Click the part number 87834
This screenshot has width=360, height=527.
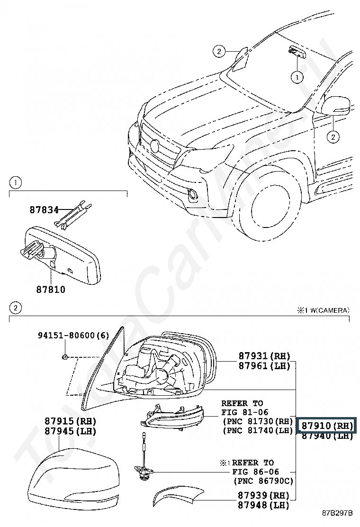tap(44, 210)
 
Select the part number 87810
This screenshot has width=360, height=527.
tap(51, 290)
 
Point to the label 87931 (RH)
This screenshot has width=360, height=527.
tap(264, 356)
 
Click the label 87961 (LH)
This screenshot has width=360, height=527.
tap(264, 366)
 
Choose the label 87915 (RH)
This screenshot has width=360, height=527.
tap(70, 421)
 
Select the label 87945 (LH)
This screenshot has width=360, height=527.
tap(70, 431)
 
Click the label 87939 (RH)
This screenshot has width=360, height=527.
tap(264, 495)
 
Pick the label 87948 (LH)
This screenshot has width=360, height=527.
tap(264, 505)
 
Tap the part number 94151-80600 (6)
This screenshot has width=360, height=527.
tap(73, 335)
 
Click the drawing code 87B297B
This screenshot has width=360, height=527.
tap(337, 522)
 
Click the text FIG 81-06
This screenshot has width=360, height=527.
tap(245, 412)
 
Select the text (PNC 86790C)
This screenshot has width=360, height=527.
tap(264, 481)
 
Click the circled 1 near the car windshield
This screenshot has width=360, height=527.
tap(297, 78)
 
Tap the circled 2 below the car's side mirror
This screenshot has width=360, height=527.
tap(333, 137)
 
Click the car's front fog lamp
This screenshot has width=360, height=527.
tap(193, 193)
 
